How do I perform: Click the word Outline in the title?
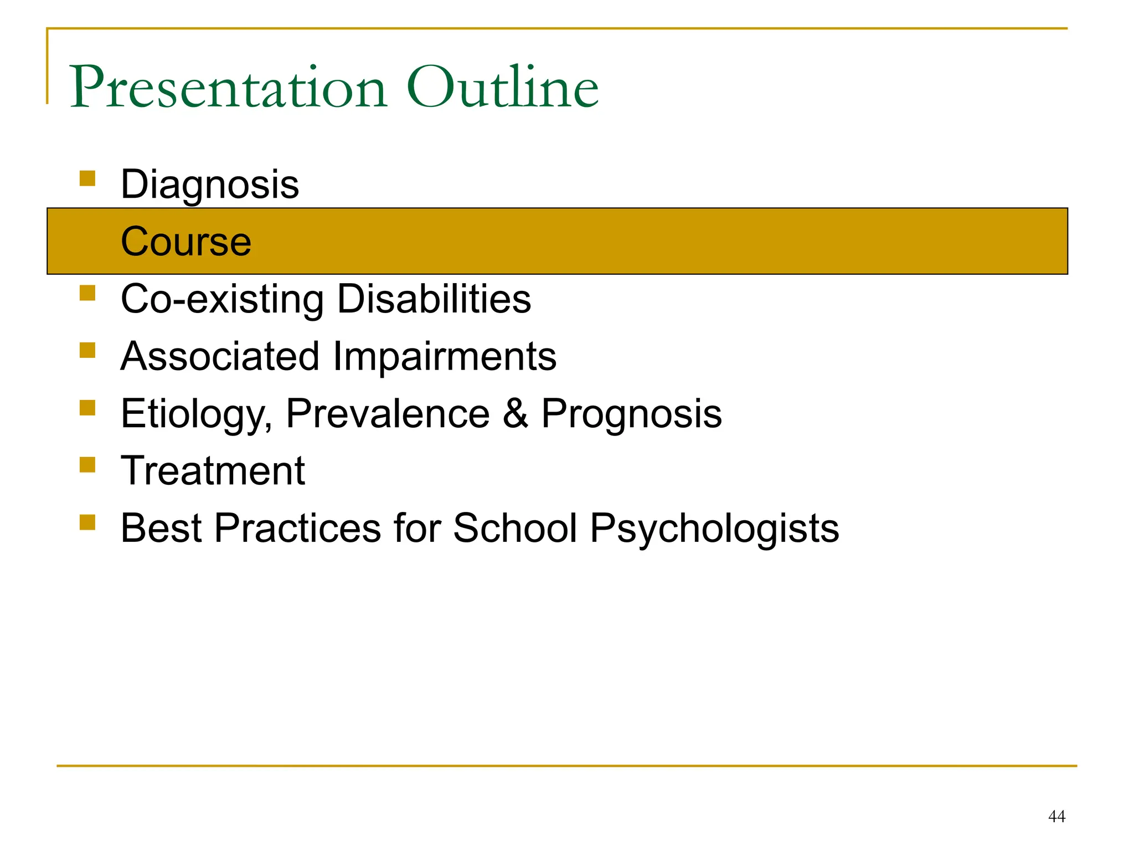(502, 88)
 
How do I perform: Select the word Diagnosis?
(210, 184)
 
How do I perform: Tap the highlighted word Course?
(186, 242)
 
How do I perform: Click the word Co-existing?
(222, 299)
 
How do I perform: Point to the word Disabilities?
(434, 299)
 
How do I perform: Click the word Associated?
(220, 356)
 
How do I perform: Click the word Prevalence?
(388, 414)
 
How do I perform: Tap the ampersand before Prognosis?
(515, 414)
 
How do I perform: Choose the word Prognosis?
(631, 414)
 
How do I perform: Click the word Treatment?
(213, 471)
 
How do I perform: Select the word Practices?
(297, 528)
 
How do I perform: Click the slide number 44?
(1056, 816)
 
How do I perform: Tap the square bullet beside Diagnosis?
(87, 178)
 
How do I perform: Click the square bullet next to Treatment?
(87, 464)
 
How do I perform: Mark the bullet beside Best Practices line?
(87, 522)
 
